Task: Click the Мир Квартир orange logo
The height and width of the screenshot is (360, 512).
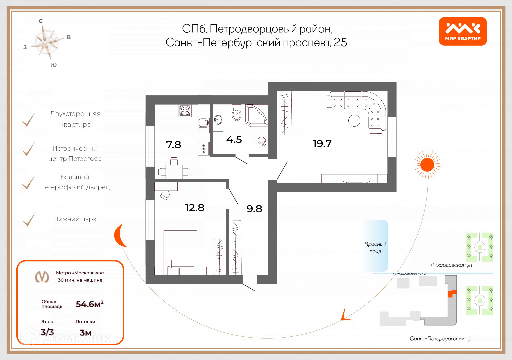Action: point(463,31)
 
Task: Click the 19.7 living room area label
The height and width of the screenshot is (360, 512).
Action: point(322,144)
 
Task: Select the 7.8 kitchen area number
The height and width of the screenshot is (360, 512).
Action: point(173,145)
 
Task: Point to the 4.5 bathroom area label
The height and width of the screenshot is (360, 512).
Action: point(234,140)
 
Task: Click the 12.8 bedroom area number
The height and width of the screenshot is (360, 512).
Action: point(194,208)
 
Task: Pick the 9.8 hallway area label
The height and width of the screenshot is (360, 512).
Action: point(254,209)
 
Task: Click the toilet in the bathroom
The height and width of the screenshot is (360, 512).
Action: point(237,113)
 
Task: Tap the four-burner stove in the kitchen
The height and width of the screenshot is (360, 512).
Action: point(185,111)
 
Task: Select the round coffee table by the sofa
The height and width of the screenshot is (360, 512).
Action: point(354,120)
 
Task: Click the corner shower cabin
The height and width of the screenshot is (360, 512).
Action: point(256,115)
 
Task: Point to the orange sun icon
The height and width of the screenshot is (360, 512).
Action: point(427,165)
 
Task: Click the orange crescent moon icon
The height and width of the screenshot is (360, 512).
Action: point(119,235)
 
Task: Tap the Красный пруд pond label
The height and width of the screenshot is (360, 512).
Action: point(375,247)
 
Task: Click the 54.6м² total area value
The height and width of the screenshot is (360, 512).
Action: point(89,304)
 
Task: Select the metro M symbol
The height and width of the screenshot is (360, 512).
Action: point(42,277)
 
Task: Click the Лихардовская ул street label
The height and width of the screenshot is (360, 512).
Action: point(451,265)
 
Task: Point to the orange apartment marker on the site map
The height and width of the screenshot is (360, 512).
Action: point(451,293)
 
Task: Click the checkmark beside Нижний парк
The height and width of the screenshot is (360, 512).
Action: point(29,220)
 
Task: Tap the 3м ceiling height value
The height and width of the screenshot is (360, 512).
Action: point(85,333)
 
